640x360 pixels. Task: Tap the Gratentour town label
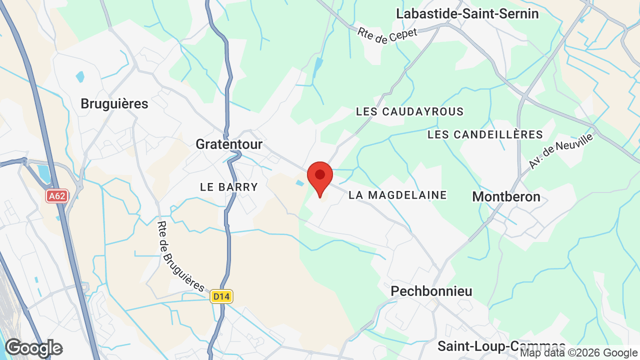click(x=229, y=144)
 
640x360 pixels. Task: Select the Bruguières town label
click(x=114, y=104)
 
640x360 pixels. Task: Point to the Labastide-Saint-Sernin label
click(x=467, y=14)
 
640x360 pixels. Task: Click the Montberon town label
click(x=506, y=197)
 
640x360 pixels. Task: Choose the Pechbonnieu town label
click(x=431, y=291)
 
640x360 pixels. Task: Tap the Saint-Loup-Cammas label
click(x=501, y=346)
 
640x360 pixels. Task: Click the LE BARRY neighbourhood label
click(x=229, y=187)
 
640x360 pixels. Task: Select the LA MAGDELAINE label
click(x=397, y=195)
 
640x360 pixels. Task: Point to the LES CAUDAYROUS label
click(x=409, y=111)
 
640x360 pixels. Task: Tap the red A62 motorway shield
click(x=57, y=196)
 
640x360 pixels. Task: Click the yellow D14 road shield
click(x=221, y=296)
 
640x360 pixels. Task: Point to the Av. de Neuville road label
click(x=560, y=151)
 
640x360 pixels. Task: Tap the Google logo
click(x=33, y=348)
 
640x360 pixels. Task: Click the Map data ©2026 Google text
click(x=578, y=353)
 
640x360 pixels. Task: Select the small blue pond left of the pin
click(x=299, y=183)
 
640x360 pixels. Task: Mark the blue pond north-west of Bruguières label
click(x=80, y=77)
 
